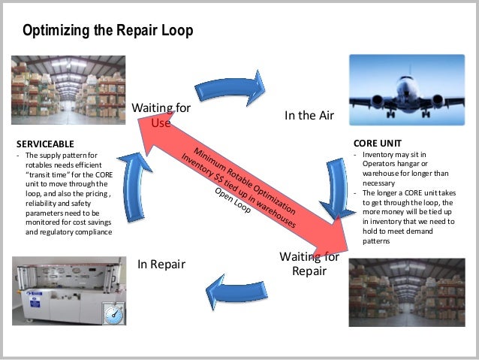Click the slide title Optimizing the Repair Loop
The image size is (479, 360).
tap(107, 31)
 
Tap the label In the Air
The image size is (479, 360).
tap(308, 116)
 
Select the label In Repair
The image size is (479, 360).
tap(161, 264)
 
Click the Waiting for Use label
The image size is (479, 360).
tap(161, 115)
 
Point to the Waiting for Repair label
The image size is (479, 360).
tap(309, 264)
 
